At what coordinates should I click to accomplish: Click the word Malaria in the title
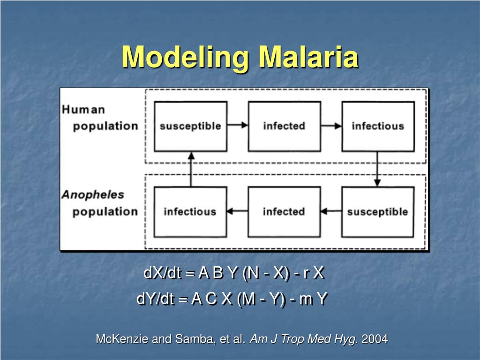point(309,57)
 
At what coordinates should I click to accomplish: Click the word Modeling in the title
point(185,57)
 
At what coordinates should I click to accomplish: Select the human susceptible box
point(190,126)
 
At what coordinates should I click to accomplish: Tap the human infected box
point(284,126)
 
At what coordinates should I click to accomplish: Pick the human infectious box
point(378,126)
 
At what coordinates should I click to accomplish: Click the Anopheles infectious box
point(190,212)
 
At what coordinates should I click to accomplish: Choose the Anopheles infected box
point(284,212)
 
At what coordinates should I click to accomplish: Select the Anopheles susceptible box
point(378,212)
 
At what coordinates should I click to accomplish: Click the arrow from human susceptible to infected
point(238,125)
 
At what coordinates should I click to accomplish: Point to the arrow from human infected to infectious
point(331,125)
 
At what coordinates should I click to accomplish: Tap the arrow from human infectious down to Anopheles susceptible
point(377,169)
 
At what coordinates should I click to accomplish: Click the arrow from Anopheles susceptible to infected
point(331,211)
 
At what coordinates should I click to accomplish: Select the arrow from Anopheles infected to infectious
point(238,211)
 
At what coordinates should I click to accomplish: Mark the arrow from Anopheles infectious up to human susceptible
point(190,169)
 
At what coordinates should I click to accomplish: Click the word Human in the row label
point(83,110)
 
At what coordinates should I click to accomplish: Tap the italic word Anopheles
point(93,195)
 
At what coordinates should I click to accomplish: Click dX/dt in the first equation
point(162,273)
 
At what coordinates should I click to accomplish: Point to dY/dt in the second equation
point(155,299)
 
